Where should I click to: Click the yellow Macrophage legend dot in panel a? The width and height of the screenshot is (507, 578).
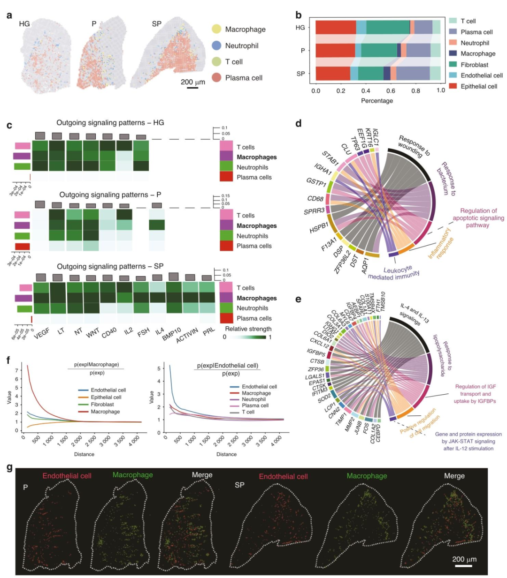(x=216, y=29)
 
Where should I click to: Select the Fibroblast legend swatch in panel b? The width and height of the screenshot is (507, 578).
(x=453, y=65)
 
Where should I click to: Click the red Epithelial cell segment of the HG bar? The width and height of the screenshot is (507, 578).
(x=336, y=28)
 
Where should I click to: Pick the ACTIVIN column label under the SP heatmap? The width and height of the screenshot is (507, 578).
(x=187, y=336)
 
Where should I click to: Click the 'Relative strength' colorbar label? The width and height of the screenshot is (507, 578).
(x=248, y=329)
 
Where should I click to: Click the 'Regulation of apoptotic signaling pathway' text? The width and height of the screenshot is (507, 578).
(x=478, y=218)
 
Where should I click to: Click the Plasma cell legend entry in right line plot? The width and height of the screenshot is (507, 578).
(x=255, y=405)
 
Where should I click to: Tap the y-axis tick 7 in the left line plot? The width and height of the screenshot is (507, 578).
(x=17, y=370)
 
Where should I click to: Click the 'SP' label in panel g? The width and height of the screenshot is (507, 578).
(x=239, y=485)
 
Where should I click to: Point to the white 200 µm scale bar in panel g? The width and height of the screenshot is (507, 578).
(x=463, y=566)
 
